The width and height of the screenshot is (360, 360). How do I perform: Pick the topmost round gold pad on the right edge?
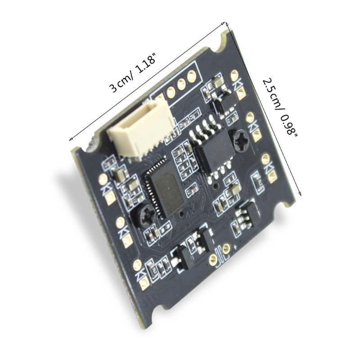pyautogui.click(x=234, y=75)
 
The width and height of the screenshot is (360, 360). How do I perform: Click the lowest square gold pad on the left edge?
pyautogui.click(x=144, y=283)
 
